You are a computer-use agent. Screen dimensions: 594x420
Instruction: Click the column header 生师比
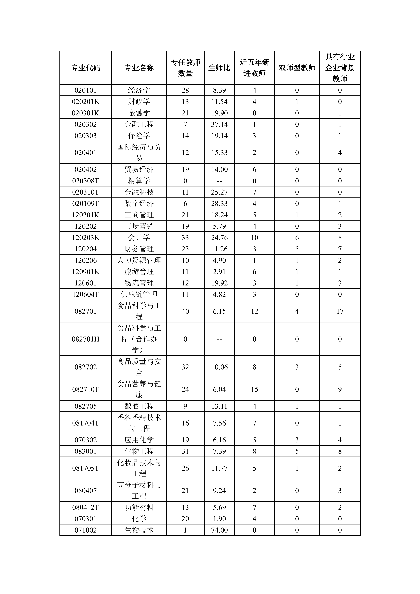click(219, 68)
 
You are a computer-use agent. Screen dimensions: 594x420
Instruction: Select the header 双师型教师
click(297, 68)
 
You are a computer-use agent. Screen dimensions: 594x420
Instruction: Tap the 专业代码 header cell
click(86, 68)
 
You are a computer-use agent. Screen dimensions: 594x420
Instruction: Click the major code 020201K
click(86, 102)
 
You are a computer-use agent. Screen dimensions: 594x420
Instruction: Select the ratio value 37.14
click(219, 124)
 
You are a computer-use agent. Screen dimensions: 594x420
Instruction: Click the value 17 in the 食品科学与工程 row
click(340, 311)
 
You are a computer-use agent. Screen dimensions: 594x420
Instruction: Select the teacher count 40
click(185, 311)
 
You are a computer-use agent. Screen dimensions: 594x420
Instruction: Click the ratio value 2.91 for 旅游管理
click(219, 272)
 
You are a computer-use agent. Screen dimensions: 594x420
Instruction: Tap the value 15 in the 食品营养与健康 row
click(254, 389)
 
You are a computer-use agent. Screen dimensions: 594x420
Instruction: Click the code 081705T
click(86, 468)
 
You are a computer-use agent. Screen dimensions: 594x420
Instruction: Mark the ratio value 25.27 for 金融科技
click(219, 192)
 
